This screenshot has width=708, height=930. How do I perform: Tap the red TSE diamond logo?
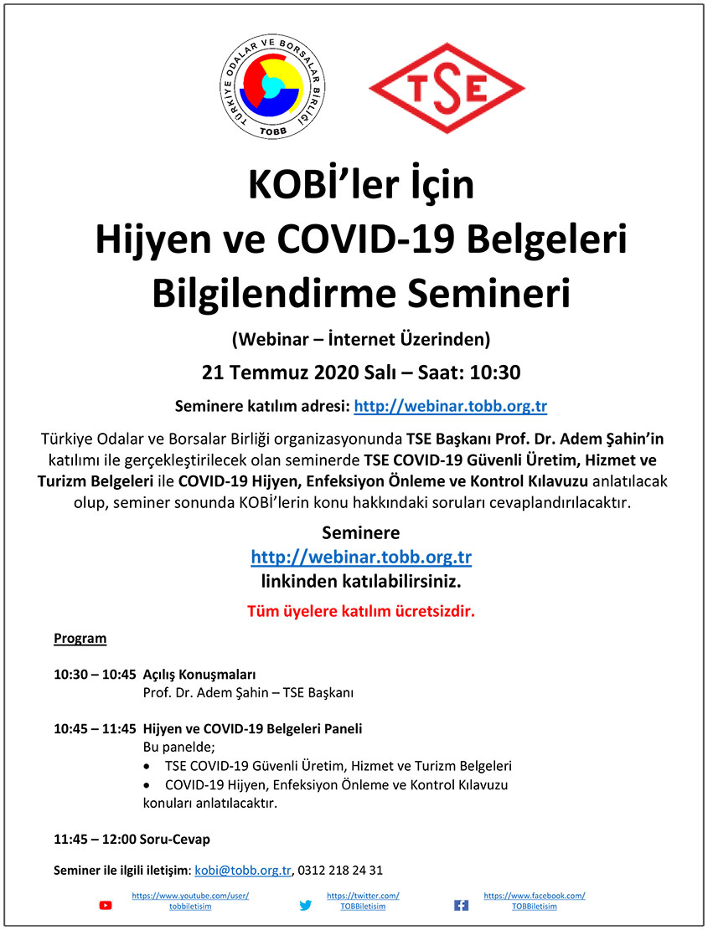447,88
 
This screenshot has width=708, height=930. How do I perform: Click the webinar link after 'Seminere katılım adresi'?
451,407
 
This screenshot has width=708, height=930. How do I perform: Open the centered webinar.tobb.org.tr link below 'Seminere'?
360,557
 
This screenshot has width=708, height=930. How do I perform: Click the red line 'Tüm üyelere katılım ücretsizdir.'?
360,610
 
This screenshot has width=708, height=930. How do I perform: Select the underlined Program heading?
80,639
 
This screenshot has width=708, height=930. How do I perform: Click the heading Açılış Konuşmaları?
199,675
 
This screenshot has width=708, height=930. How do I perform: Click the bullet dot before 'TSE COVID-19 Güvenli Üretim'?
148,767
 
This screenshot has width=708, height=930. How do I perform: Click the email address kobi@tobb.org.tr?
243,870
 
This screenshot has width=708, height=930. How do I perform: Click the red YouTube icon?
106,905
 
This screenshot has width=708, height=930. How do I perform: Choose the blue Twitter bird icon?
306,905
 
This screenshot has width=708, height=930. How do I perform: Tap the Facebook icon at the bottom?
461,905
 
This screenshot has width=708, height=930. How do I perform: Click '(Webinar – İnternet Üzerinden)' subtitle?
360,339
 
